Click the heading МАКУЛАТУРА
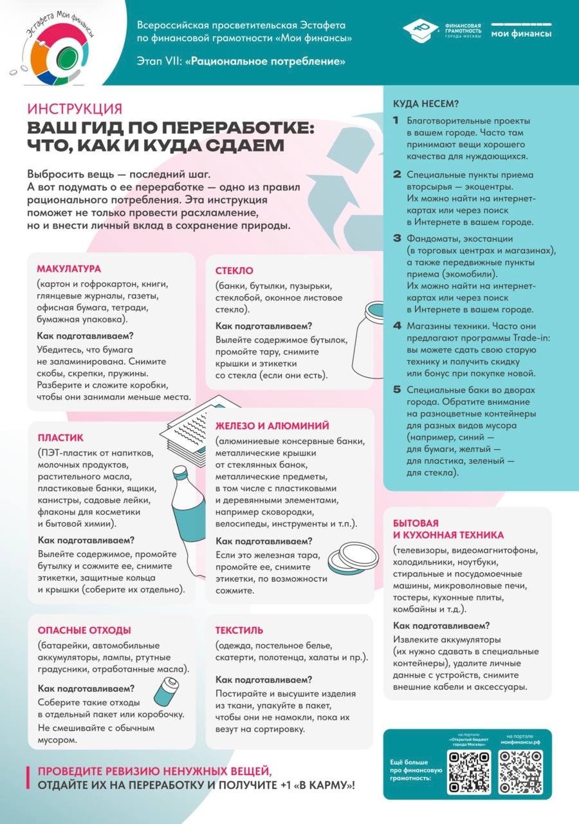click(x=69, y=268)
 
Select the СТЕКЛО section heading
click(x=234, y=270)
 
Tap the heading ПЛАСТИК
click(x=60, y=438)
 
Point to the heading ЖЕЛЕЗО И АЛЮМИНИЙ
click(x=272, y=426)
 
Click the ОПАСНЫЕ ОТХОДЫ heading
click(x=84, y=630)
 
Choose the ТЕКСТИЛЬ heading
click(x=239, y=630)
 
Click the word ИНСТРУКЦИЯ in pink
click(x=75, y=109)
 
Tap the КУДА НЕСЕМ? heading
click(x=426, y=104)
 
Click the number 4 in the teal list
click(x=397, y=325)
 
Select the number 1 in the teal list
click(x=396, y=120)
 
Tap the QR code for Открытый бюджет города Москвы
click(x=469, y=771)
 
